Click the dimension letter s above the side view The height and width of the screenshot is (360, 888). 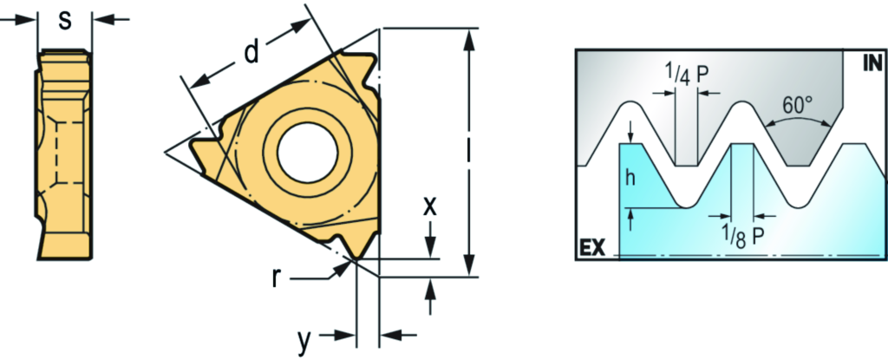pyautogui.click(x=66, y=21)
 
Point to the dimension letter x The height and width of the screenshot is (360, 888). pyautogui.click(x=430, y=207)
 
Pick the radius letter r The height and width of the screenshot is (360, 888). pyautogui.click(x=276, y=279)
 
